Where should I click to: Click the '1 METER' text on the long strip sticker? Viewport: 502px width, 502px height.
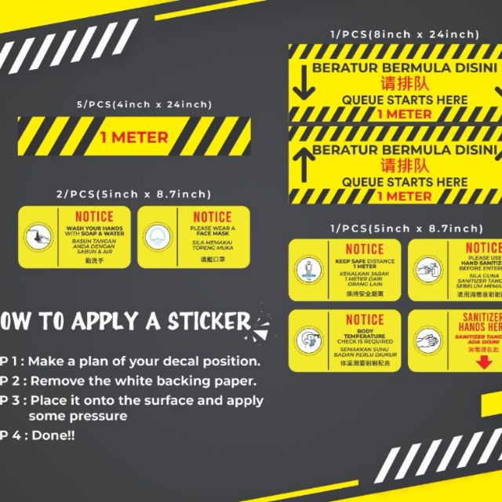pyautogui.click(x=134, y=137)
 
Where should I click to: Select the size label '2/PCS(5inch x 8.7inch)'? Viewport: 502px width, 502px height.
pyautogui.click(x=134, y=194)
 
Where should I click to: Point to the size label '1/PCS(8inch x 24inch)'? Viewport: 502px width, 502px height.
pyautogui.click(x=403, y=34)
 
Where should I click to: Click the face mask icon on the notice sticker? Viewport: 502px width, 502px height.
pyautogui.click(x=157, y=235)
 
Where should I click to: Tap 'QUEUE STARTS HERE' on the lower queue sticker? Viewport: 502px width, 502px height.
pyautogui.click(x=405, y=181)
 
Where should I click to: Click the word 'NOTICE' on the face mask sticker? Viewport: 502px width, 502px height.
pyautogui.click(x=213, y=217)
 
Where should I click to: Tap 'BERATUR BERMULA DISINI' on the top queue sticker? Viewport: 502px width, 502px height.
pyautogui.click(x=405, y=68)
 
